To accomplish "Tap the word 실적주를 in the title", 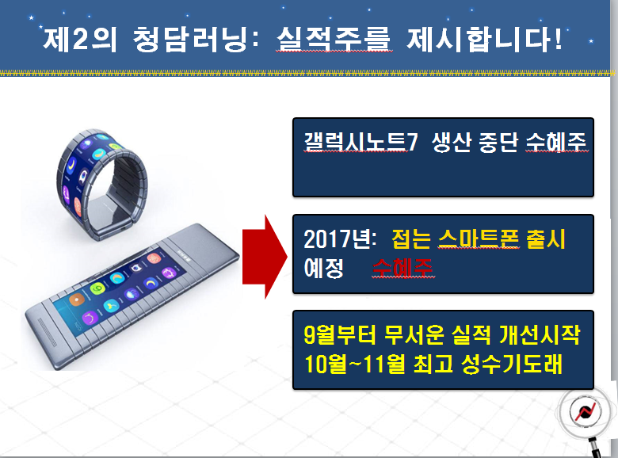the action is [x=334, y=40].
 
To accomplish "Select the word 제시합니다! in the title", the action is [x=484, y=40].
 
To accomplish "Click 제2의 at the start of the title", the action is [x=80, y=40].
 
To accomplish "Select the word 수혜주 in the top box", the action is [x=556, y=142].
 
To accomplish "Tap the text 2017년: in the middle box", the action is [x=340, y=239].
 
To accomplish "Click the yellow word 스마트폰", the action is [x=479, y=239].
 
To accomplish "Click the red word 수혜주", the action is [x=402, y=268].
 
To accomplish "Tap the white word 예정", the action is [x=323, y=268].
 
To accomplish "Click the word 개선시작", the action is [x=540, y=334].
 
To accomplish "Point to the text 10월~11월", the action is [x=355, y=364].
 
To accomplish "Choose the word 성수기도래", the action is [x=512, y=364].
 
